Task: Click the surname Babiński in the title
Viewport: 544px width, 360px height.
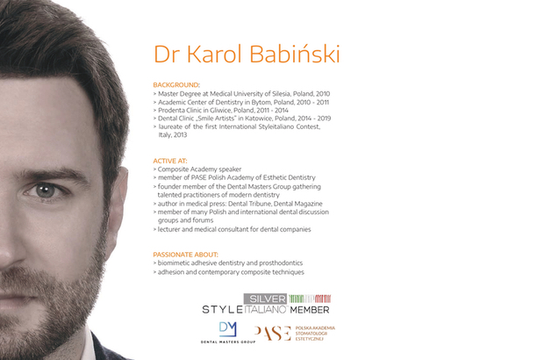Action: point(295,54)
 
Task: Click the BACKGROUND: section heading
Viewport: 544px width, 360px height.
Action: point(176,84)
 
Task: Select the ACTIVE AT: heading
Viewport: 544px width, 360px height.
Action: point(170,161)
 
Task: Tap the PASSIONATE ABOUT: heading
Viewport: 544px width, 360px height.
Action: point(186,255)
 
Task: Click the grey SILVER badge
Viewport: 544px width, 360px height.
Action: point(265,299)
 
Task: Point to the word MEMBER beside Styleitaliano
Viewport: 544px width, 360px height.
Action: point(310,310)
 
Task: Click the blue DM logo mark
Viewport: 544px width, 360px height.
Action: point(228,329)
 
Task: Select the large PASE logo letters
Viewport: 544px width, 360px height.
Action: point(273,334)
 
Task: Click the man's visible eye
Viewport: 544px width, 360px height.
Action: point(46,191)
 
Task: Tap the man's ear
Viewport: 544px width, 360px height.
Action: point(118,201)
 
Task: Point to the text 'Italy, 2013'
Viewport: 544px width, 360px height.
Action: point(173,134)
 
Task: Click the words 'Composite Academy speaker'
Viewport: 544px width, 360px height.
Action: point(199,169)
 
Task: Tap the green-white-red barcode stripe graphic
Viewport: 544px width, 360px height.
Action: point(310,299)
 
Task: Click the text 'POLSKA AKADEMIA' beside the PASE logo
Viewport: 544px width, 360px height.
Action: point(315,328)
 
